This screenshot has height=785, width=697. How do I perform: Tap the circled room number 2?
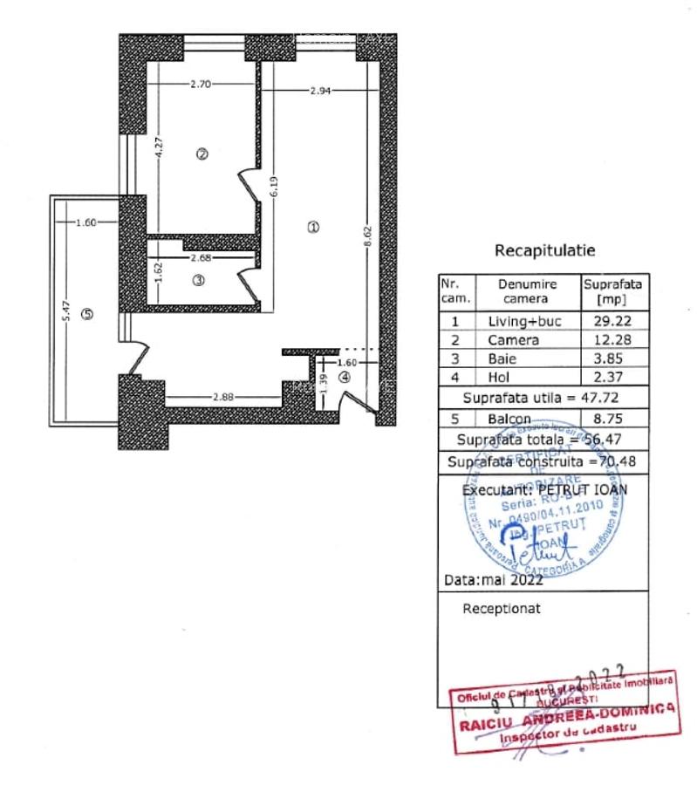pyautogui.click(x=202, y=154)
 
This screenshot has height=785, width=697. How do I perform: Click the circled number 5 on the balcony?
pyautogui.click(x=86, y=314)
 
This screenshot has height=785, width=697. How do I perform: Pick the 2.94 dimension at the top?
pyautogui.click(x=322, y=89)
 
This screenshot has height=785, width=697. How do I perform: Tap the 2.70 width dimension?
pyautogui.click(x=202, y=85)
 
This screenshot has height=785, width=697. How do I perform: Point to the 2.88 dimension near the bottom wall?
pyautogui.click(x=224, y=399)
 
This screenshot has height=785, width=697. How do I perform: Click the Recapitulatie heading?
pyautogui.click(x=544, y=251)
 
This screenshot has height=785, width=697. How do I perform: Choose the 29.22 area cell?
pyautogui.click(x=614, y=321)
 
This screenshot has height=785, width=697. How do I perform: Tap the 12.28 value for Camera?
pyautogui.click(x=614, y=340)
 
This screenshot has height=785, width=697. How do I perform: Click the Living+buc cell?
pyautogui.click(x=525, y=321)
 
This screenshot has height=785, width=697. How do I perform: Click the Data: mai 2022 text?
pyautogui.click(x=494, y=579)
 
